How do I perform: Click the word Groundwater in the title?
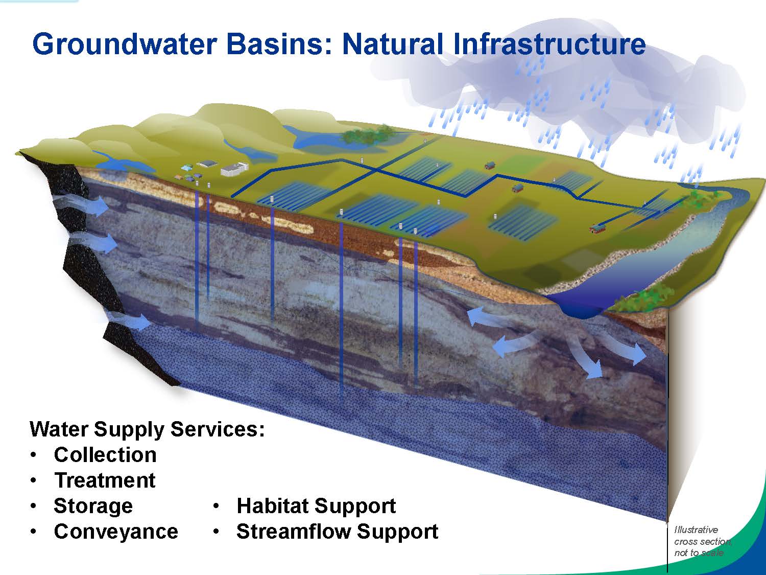pyautogui.click(x=123, y=44)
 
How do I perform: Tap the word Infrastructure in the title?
pyautogui.click(x=549, y=44)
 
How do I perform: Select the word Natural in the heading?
pyautogui.click(x=393, y=44)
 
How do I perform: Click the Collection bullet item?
pyautogui.click(x=105, y=455)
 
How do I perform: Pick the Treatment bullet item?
pyautogui.click(x=105, y=480)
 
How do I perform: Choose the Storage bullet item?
pyautogui.click(x=93, y=506)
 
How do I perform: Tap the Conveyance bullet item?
pyautogui.click(x=116, y=532)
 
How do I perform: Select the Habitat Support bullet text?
pyautogui.click(x=316, y=506)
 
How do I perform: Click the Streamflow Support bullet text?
pyautogui.click(x=337, y=532)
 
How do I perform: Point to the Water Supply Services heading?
pyautogui.click(x=147, y=429)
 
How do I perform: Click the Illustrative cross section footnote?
pyautogui.click(x=702, y=541)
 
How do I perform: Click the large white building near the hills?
pyautogui.click(x=234, y=169)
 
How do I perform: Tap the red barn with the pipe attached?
pyautogui.click(x=596, y=228)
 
